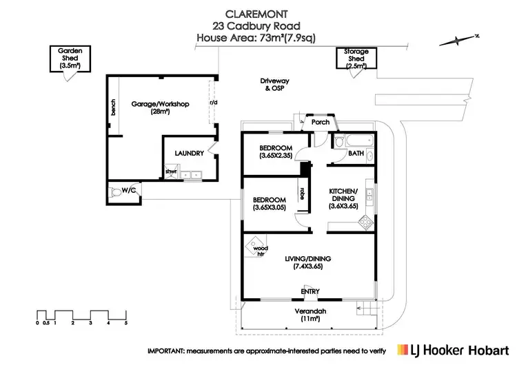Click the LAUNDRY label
[x=187, y=153]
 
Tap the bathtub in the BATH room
[x=352, y=142]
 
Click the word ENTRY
[x=310, y=291]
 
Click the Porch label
[x=321, y=123]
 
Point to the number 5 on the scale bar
[x=126, y=322]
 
